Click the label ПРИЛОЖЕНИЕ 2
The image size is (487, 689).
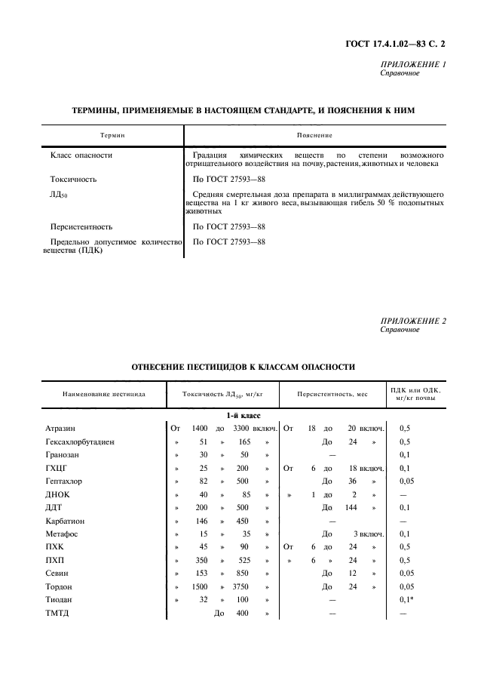pyautogui.click(x=413, y=321)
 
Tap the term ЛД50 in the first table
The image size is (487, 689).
pyautogui.click(x=59, y=195)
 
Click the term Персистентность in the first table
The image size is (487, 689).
pyautogui.click(x=81, y=226)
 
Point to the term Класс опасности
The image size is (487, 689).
pyautogui.click(x=81, y=155)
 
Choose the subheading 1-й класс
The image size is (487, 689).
pyautogui.click(x=241, y=415)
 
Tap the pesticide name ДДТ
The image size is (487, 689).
pyautogui.click(x=56, y=507)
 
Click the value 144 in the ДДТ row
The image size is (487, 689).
pyautogui.click(x=350, y=507)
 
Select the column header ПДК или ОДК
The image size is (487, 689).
pyautogui.click(x=414, y=393)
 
